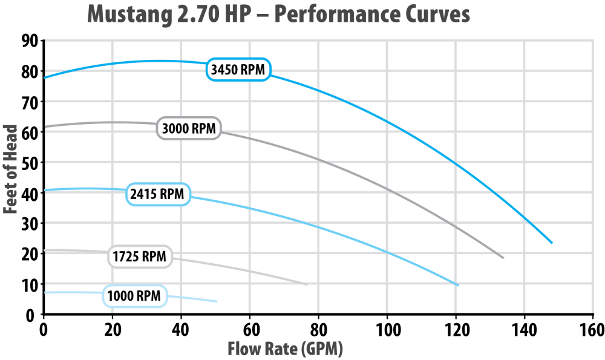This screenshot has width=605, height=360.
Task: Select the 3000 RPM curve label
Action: pyautogui.click(x=189, y=129)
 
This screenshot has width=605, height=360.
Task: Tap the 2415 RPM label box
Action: pyautogui.click(x=158, y=194)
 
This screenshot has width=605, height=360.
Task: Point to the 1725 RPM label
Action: pyautogui.click(x=139, y=256)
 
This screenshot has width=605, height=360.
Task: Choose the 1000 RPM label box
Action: pyautogui.click(x=134, y=296)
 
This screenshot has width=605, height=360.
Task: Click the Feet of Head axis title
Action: pyautogui.click(x=10, y=169)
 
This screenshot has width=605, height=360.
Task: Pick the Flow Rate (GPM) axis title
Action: pyautogui.click(x=285, y=349)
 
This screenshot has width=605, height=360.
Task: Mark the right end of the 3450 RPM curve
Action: pyautogui.click(x=552, y=243)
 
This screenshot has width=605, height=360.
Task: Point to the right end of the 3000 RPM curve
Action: pyautogui.click(x=503, y=258)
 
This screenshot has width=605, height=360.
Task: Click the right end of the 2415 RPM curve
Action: pyautogui.click(x=459, y=284)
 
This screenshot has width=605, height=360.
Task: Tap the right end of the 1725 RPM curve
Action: pyautogui.click(x=307, y=284)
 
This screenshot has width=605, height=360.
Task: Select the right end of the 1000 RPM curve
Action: pyautogui.click(x=217, y=301)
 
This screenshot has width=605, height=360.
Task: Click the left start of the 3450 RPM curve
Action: pyautogui.click(x=45, y=77)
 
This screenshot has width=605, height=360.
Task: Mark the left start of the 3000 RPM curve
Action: pyautogui.click(x=45, y=126)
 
